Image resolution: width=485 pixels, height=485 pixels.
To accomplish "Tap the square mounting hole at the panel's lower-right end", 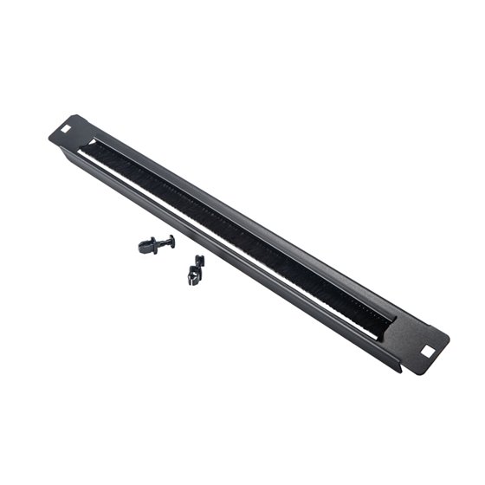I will [x=426, y=352].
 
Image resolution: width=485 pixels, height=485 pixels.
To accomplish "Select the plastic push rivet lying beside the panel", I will [x=156, y=243].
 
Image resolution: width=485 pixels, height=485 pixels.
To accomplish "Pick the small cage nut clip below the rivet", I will [x=196, y=271].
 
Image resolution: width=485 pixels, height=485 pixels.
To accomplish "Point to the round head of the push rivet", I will [x=171, y=240].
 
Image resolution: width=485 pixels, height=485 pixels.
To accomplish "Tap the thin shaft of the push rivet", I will [x=159, y=243].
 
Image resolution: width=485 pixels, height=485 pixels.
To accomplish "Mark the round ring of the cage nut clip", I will [x=192, y=277].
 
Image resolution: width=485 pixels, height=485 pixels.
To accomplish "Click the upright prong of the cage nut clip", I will [x=199, y=262].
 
